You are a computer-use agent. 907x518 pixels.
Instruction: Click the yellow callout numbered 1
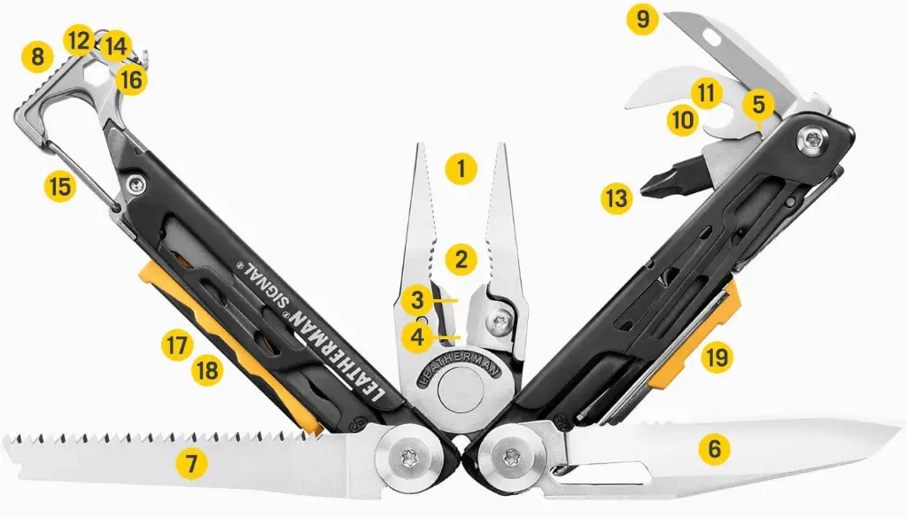coord(461,167)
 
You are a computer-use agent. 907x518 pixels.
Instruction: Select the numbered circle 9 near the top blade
coord(643,19)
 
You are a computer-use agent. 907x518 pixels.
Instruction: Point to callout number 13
coord(616,197)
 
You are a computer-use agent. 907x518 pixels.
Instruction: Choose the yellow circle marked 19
coord(717,358)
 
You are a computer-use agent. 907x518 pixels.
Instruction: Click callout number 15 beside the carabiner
coord(60,187)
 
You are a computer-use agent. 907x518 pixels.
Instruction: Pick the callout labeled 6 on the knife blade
coord(714,449)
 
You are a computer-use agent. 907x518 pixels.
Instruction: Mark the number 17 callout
coord(177,344)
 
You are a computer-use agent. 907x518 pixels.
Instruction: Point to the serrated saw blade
coord(133,452)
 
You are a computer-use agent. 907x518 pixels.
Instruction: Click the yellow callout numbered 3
coord(415,299)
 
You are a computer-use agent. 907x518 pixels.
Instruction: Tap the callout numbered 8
coord(36,58)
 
